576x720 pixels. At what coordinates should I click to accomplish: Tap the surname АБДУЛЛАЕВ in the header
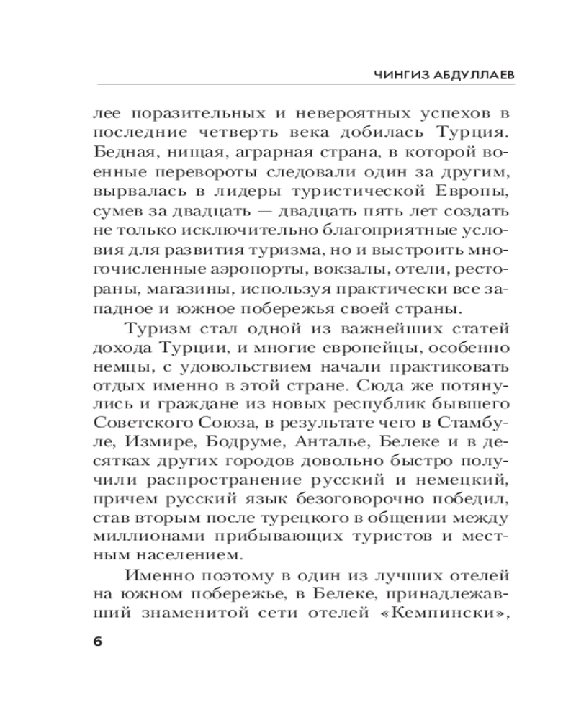(x=468, y=73)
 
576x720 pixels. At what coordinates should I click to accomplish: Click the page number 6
(x=98, y=642)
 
